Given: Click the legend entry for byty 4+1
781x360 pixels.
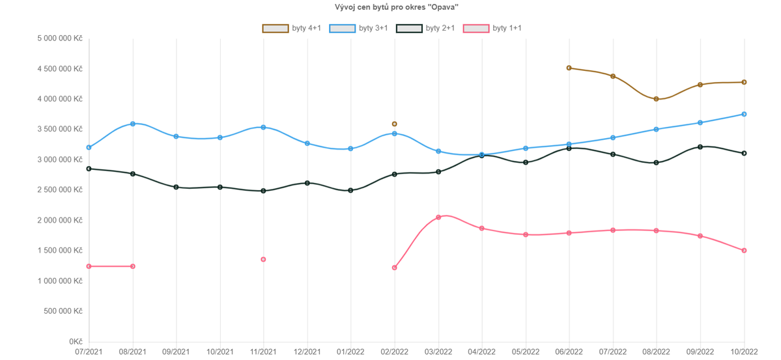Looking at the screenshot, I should [292, 28].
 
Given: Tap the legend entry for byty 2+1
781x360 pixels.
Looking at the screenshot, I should [425, 28].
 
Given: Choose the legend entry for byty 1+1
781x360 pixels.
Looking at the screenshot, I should [492, 28].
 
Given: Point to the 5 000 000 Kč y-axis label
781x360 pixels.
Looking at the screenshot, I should [61, 38].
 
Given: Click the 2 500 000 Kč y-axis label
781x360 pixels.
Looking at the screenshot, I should [61, 190].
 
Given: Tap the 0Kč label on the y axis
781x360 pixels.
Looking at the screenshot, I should [76, 342].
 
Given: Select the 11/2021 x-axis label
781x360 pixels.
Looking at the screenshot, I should [263, 352].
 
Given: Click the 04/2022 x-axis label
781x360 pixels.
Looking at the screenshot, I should [482, 352].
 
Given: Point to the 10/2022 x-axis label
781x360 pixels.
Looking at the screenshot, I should [744, 352].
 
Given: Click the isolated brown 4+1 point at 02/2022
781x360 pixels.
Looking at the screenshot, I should [394, 124].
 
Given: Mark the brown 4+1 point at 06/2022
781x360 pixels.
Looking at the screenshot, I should [569, 68].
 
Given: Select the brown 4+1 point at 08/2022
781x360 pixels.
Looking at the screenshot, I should [656, 99].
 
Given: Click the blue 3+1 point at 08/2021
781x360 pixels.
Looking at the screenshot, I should [133, 124].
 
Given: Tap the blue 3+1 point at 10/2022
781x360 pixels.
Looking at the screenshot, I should [744, 115].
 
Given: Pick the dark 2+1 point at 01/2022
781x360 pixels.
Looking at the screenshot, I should [350, 190].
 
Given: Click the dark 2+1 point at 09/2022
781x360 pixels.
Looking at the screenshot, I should [700, 147].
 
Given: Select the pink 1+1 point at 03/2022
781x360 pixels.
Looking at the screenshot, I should [438, 217].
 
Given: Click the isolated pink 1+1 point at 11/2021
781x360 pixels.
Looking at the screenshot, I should [263, 260].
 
